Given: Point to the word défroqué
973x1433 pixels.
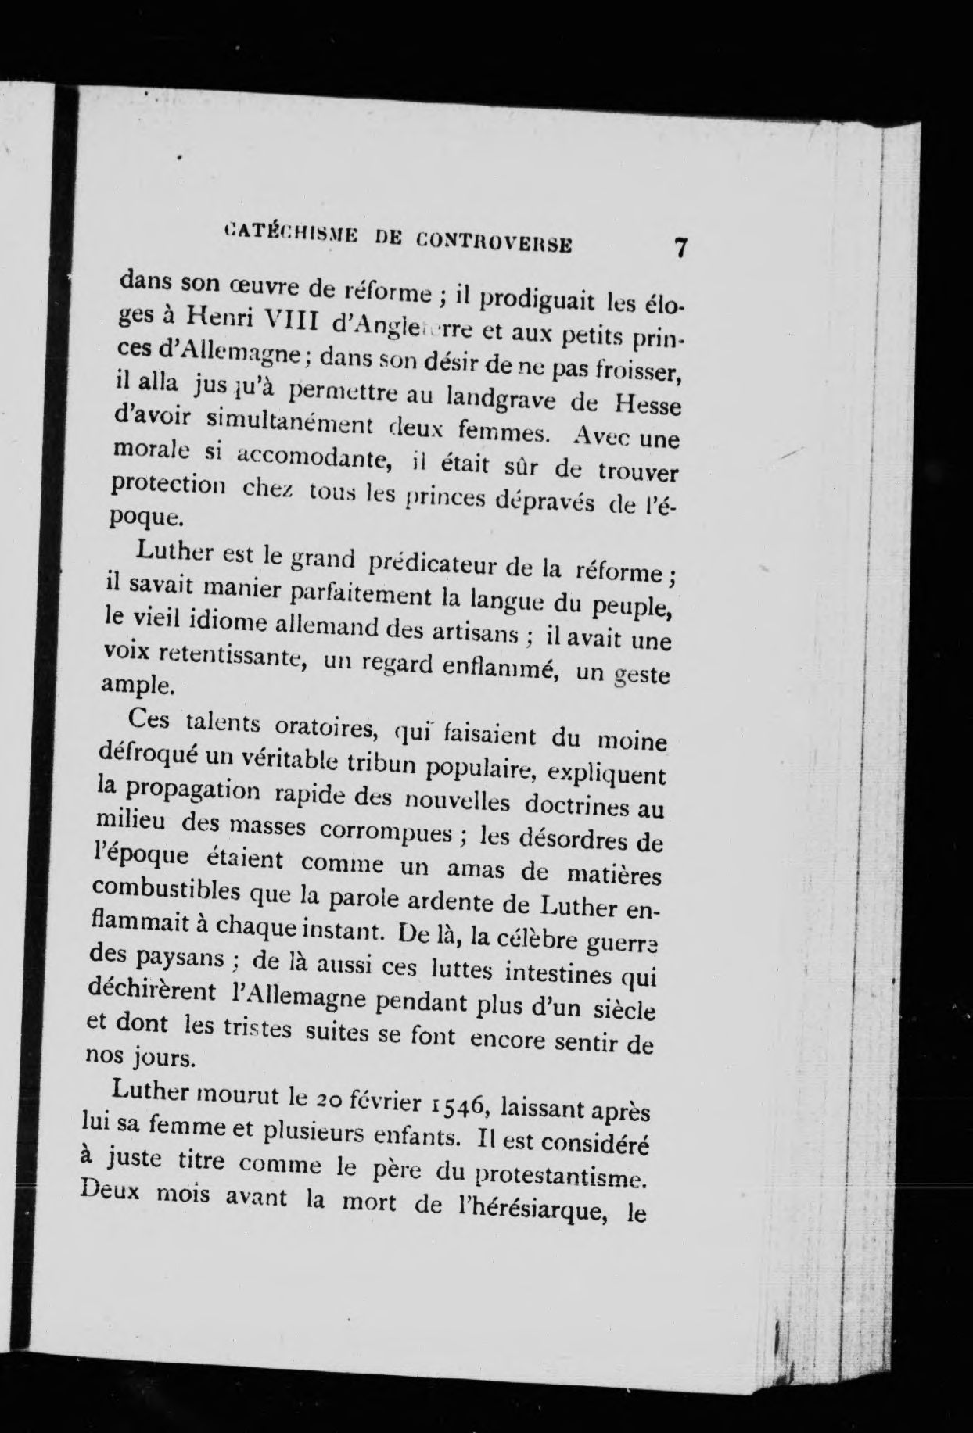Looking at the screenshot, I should tap(146, 755).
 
